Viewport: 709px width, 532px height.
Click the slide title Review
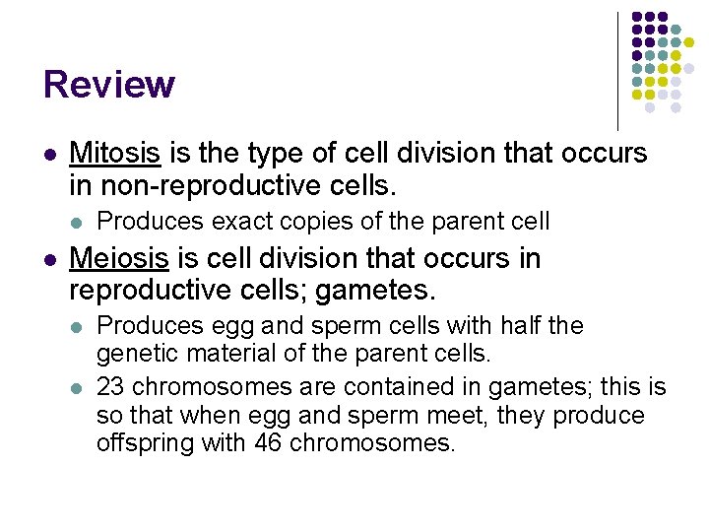108,85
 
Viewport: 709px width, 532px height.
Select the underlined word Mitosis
116,154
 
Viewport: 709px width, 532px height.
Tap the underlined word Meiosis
120,258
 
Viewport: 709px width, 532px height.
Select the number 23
109,386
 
